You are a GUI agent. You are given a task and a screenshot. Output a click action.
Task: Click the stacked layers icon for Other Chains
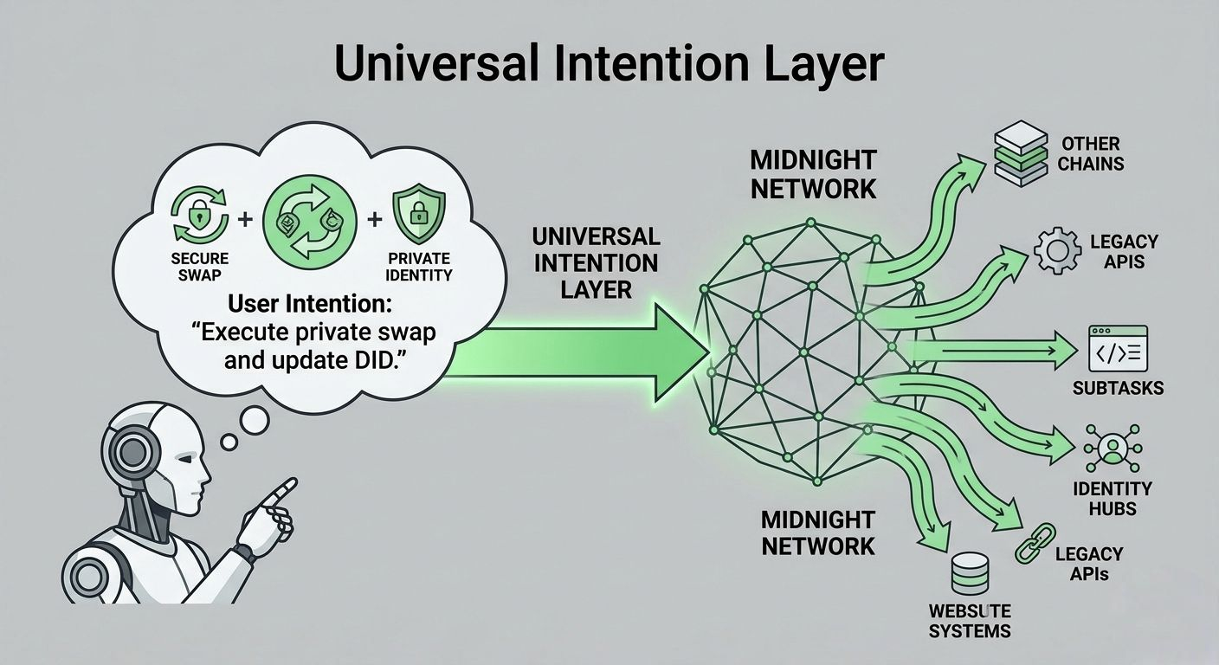pyautogui.click(x=1021, y=152)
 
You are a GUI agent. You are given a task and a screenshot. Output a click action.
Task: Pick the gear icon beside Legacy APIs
pyautogui.click(x=1056, y=251)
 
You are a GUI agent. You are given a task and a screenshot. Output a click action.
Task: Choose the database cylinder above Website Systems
pyautogui.click(x=969, y=573)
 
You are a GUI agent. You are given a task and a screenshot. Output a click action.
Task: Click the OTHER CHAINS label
pyautogui.click(x=1091, y=153)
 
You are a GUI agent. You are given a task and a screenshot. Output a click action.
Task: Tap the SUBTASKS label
pyautogui.click(x=1118, y=388)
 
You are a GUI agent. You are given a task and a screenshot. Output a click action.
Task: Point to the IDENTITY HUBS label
pyautogui.click(x=1112, y=499)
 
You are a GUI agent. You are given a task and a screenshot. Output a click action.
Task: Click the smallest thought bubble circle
pyautogui.click(x=229, y=442)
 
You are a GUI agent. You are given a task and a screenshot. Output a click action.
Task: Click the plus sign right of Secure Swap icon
pyautogui.click(x=245, y=219)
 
